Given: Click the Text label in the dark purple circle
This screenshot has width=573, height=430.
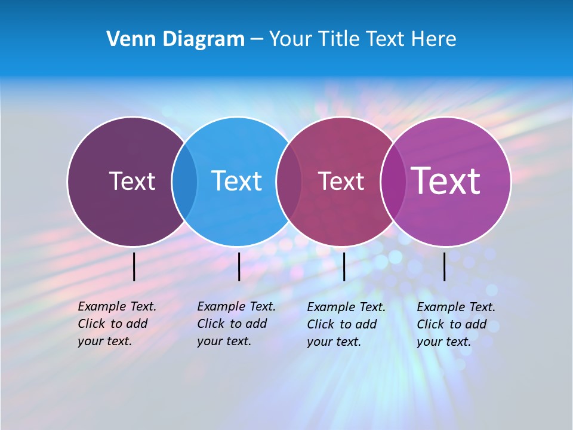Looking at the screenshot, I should (132, 181).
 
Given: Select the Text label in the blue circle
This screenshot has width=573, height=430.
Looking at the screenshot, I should (236, 181).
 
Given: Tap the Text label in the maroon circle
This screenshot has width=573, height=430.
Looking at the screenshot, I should (341, 181).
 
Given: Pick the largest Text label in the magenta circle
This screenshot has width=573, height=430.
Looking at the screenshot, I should (446, 181).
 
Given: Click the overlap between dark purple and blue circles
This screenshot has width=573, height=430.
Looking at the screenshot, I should (184, 182).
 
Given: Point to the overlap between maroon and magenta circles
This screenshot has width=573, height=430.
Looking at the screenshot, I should (393, 182).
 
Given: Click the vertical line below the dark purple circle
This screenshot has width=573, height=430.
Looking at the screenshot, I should (134, 266).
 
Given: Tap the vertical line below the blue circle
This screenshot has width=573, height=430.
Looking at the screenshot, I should (239, 266).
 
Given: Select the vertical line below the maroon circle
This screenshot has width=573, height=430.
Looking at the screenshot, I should (344, 266).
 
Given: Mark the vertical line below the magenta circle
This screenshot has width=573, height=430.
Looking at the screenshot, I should (445, 266).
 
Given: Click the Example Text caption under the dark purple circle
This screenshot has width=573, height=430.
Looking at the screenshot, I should (116, 324).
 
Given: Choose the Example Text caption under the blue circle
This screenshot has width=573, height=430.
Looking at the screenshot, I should (236, 324).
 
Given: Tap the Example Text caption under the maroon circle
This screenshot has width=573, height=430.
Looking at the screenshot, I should (346, 324).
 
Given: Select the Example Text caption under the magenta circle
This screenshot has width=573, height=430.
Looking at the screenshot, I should (455, 324).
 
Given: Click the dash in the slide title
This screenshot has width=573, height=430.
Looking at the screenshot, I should (257, 40).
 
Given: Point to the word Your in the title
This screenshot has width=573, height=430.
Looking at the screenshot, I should (290, 39).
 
